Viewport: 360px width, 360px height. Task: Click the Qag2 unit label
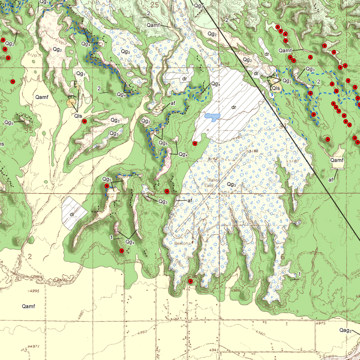[345, 330]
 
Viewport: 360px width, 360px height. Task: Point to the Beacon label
[183, 242]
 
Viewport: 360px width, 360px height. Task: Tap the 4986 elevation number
[235, 291]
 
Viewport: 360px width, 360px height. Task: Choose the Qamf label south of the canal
[28, 306]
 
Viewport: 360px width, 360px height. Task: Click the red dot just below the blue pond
[195, 143]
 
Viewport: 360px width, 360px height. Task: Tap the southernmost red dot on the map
[190, 281]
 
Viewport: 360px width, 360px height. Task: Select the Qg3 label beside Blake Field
[231, 184]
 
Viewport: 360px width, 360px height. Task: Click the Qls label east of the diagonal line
[276, 88]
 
